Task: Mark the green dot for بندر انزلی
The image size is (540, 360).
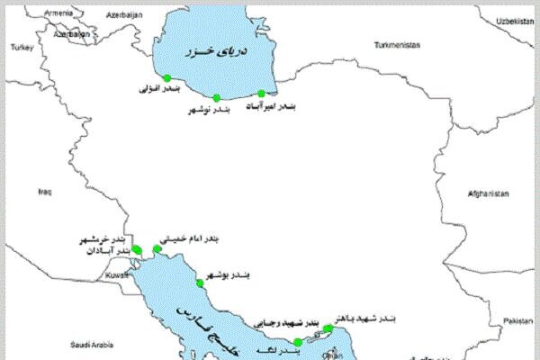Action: [166, 78]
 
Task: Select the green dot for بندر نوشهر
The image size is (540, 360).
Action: [216, 97]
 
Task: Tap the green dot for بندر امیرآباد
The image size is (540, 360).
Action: [262, 94]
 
